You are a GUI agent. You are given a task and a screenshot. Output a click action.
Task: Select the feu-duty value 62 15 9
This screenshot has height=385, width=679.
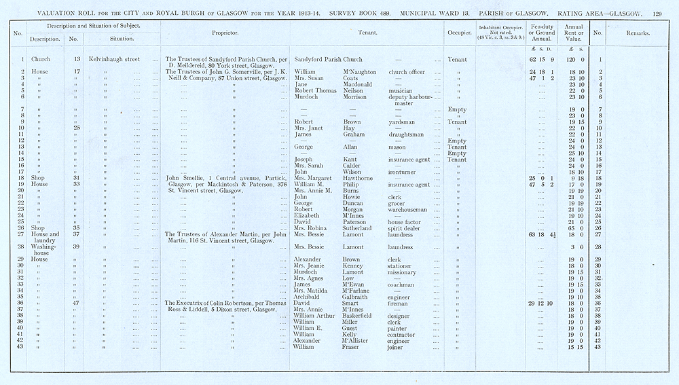[x=541, y=60]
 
